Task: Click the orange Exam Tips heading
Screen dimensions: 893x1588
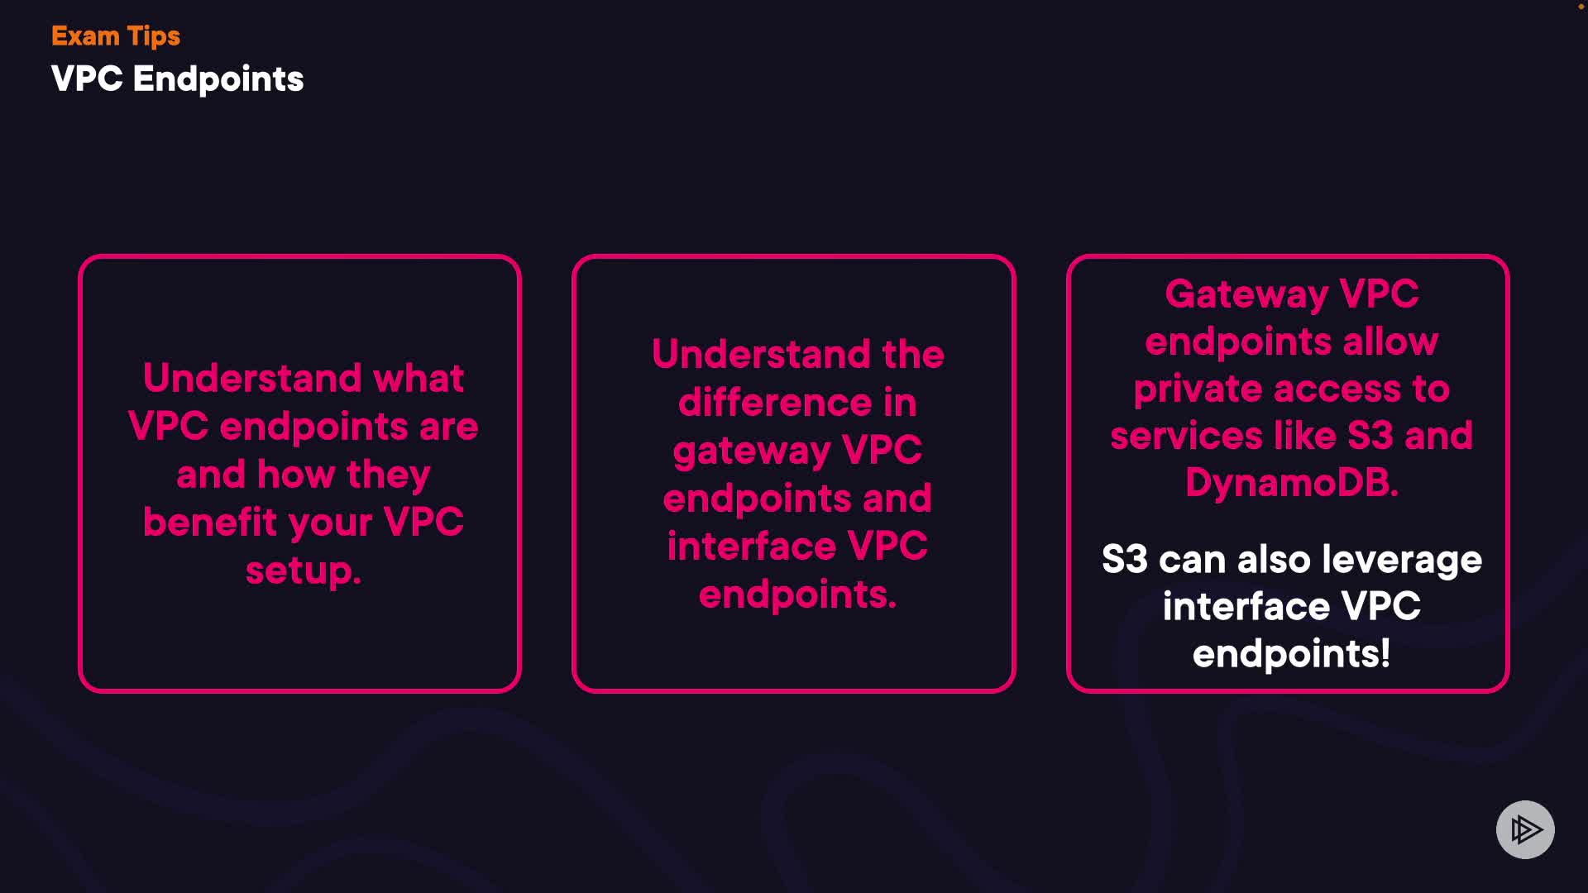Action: (116, 36)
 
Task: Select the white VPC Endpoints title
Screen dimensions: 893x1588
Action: (177, 79)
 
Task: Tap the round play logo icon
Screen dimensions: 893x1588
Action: (1525, 829)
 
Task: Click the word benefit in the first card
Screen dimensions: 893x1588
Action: (210, 523)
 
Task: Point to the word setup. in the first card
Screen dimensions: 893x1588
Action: (304, 571)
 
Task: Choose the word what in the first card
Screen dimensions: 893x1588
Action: (419, 379)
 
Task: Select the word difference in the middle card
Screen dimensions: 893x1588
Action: (774, 404)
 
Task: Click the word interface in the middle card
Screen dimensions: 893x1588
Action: (751, 547)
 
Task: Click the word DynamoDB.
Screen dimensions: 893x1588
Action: (1291, 484)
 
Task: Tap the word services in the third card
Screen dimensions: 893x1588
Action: (1185, 437)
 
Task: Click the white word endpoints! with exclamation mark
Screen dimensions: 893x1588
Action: (1291, 655)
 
